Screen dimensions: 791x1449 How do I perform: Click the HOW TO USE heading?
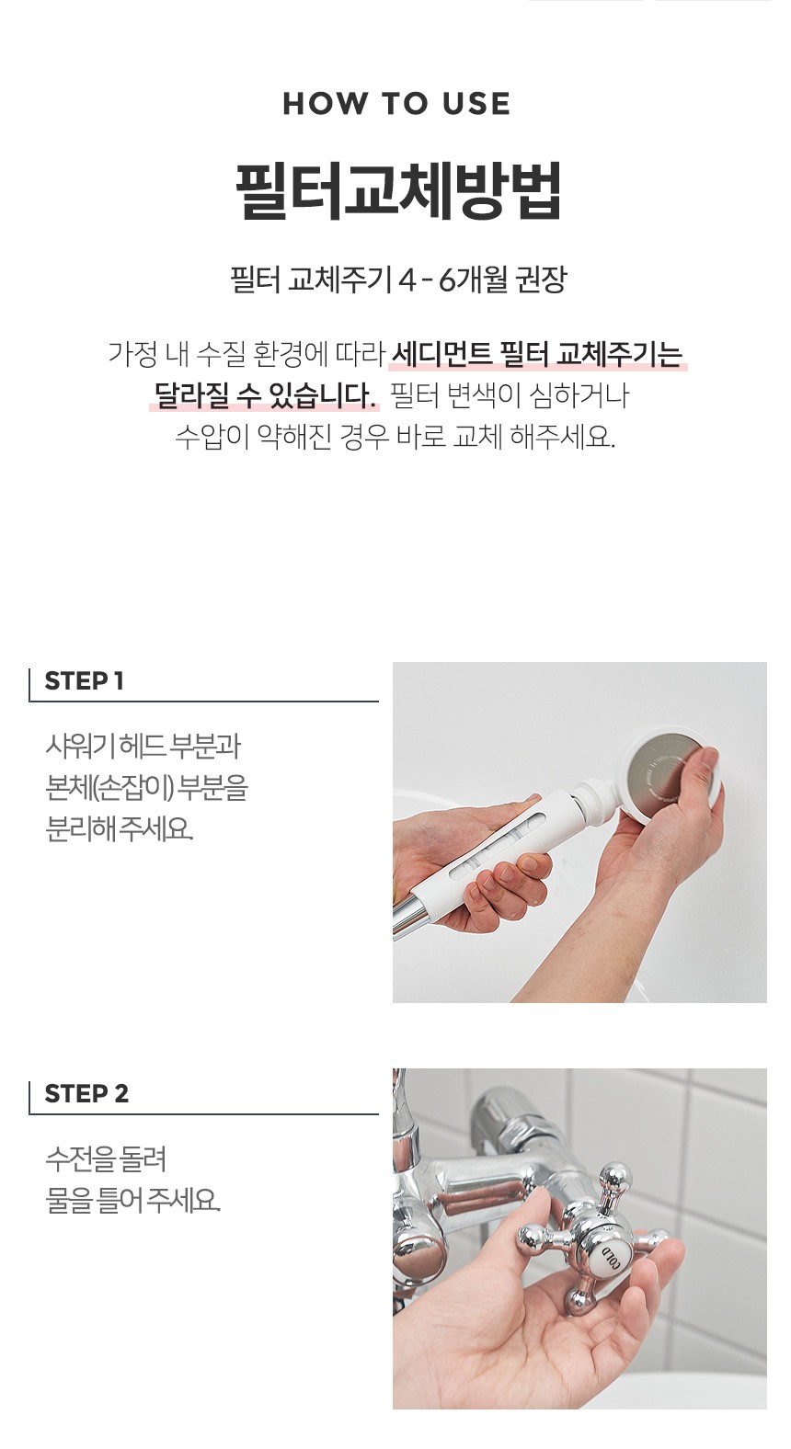click(x=396, y=104)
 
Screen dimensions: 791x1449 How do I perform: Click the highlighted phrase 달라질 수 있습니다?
click(x=265, y=395)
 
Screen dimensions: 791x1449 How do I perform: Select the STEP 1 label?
click(x=84, y=680)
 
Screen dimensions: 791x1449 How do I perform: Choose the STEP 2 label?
click(x=86, y=1093)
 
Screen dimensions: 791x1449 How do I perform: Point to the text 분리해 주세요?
click(x=119, y=828)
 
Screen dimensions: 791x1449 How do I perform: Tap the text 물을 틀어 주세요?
click(x=132, y=1201)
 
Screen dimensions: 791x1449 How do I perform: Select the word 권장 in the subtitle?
click(x=541, y=280)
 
